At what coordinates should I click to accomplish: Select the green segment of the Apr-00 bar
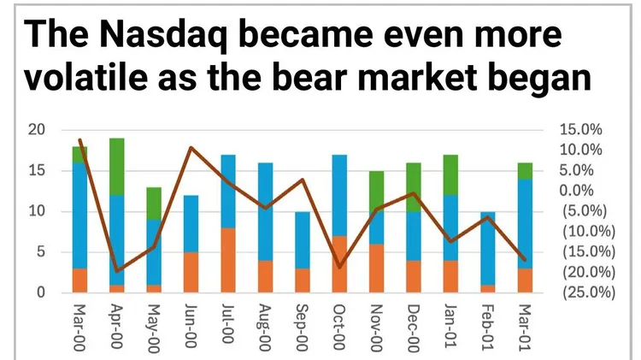coord(117,167)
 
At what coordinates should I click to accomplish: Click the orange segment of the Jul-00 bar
coord(228,260)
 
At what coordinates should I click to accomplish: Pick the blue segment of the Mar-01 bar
coord(526,224)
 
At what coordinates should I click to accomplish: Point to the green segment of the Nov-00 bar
coord(377,192)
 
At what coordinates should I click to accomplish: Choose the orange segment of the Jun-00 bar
coord(191,273)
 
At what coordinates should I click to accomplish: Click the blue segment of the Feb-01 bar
coord(488,248)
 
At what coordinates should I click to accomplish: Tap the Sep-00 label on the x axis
coord(302,328)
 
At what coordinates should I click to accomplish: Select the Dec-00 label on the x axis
coord(414,328)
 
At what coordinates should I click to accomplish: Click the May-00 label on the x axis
coord(153,328)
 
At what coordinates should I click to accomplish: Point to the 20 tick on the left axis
coord(37,130)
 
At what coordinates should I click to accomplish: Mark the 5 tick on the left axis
coord(41,251)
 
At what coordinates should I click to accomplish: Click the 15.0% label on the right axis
coord(580,129)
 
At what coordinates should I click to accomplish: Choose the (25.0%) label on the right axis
coord(589,292)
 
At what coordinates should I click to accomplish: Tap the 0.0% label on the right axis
coord(576,190)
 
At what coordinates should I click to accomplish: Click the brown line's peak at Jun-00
coord(191,147)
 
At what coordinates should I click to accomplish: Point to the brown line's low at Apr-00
coord(117,271)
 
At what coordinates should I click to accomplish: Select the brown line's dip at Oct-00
coord(339,267)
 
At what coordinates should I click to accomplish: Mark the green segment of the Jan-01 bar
coord(451,175)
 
